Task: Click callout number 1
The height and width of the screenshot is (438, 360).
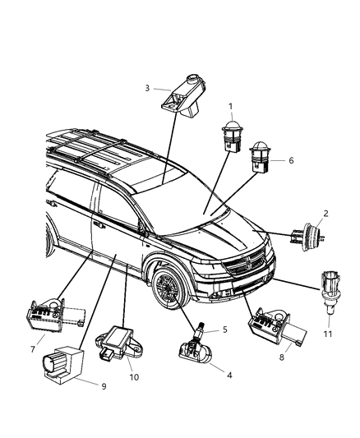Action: click(x=231, y=106)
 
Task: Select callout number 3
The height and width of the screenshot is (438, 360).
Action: click(x=146, y=87)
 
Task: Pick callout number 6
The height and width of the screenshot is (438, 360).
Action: click(x=290, y=160)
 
